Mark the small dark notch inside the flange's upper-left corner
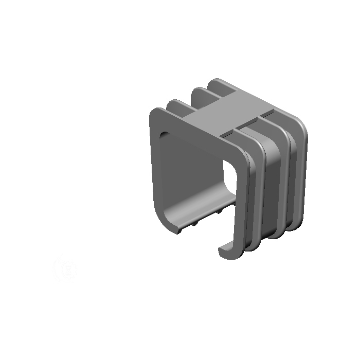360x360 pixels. coord(164,135)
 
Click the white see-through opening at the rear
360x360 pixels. coord(229,177)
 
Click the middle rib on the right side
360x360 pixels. coord(278,180)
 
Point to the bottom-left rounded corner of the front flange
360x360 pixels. coord(159,216)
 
